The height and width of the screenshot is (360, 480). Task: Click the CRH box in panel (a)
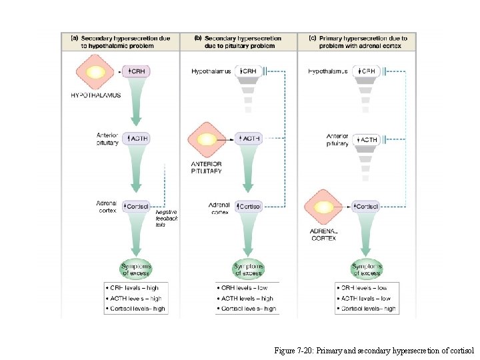(x=137, y=71)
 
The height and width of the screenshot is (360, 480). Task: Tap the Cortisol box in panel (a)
(x=137, y=206)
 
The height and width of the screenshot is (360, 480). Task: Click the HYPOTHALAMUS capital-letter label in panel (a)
(x=96, y=95)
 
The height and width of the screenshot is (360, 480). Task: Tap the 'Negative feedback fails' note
(x=166, y=218)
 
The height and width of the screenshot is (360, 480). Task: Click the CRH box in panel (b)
(x=247, y=71)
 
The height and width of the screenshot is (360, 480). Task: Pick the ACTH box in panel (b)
(x=249, y=139)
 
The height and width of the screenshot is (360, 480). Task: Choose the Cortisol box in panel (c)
(x=365, y=207)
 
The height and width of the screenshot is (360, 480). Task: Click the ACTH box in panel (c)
(x=367, y=139)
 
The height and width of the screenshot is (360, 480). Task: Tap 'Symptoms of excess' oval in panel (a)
(x=137, y=269)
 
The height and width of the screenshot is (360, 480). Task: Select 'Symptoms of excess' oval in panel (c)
(x=367, y=269)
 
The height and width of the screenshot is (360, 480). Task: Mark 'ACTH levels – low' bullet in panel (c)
(x=365, y=299)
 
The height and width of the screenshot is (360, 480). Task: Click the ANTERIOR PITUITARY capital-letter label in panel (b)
(x=206, y=167)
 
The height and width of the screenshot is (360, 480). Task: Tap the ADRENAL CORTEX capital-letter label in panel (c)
(x=324, y=235)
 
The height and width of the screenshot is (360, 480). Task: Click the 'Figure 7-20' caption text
(x=373, y=350)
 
